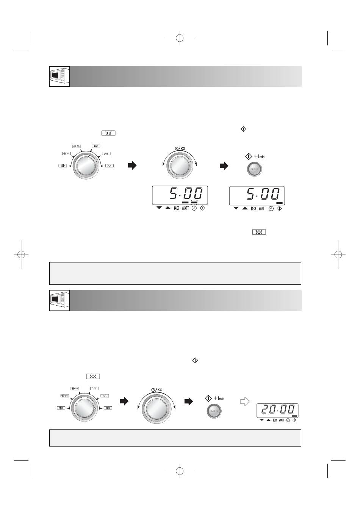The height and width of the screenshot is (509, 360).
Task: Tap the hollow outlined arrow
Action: pyautogui.click(x=245, y=401)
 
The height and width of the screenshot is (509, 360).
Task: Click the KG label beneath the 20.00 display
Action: pyautogui.click(x=275, y=420)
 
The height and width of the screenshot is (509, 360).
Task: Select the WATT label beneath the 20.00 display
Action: pyautogui.click(x=282, y=420)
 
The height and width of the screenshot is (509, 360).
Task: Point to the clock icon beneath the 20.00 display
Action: pyautogui.click(x=288, y=420)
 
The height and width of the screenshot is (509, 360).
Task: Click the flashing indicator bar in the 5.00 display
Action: pyautogui.click(x=194, y=202)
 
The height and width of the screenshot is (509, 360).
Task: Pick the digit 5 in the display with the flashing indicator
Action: pyautogui.click(x=174, y=194)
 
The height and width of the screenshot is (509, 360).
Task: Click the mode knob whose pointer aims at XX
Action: pyautogui.click(x=85, y=408)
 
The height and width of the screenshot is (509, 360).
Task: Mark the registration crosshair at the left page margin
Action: pyautogui.click(x=21, y=255)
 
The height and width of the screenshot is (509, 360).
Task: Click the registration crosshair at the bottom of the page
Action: pyautogui.click(x=180, y=471)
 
